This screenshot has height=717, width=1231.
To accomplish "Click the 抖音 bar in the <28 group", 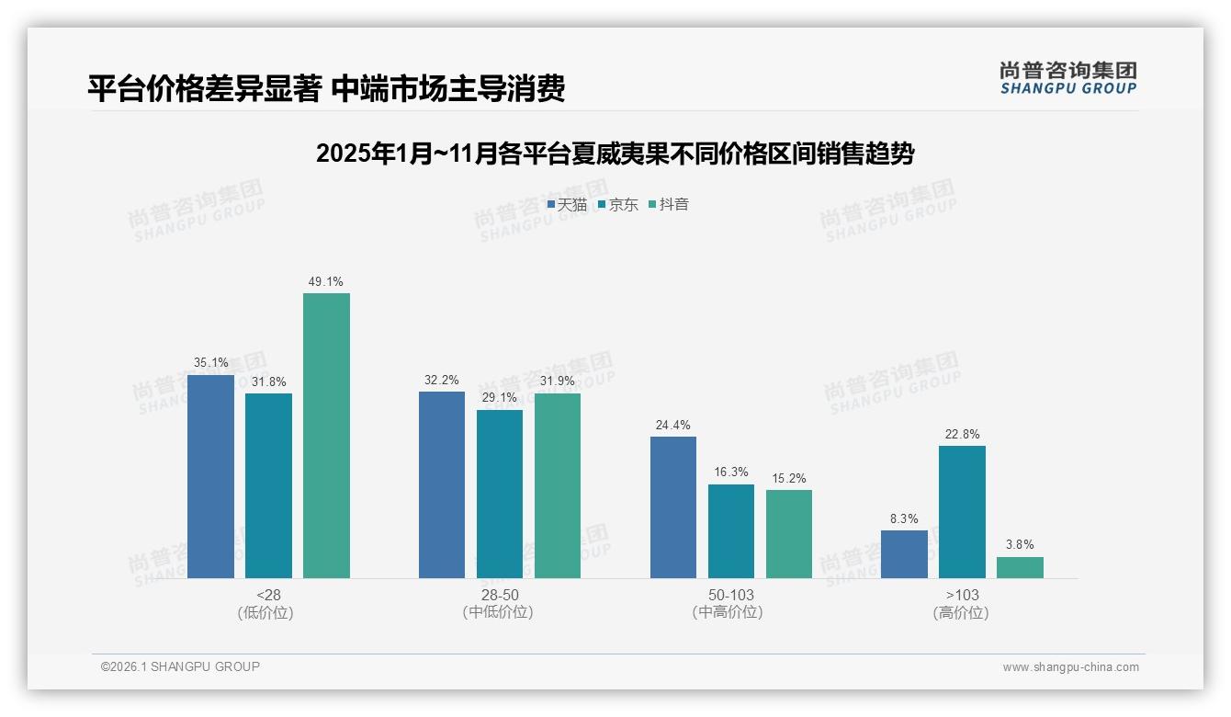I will (326, 436).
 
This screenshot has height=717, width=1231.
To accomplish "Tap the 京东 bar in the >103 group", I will (962, 512).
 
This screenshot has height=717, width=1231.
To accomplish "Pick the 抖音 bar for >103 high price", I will (1020, 567).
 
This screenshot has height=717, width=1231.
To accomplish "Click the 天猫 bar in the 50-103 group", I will (673, 507).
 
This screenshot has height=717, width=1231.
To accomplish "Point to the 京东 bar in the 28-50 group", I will (500, 494).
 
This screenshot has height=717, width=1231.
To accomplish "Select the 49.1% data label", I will (326, 282).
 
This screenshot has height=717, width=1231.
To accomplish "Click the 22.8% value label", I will (962, 435).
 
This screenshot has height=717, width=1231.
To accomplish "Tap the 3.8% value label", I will (1020, 545).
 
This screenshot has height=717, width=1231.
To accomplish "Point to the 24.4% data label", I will (673, 426).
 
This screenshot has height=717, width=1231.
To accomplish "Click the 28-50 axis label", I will (500, 595).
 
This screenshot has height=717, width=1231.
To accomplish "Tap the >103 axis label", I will (962, 595).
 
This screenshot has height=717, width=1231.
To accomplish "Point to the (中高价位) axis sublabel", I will (730, 612).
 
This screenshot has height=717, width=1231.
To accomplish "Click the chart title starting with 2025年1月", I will (615, 154).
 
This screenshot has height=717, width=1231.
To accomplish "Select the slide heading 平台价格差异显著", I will (326, 88).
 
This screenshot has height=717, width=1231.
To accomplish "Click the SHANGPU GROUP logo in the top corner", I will (1067, 78).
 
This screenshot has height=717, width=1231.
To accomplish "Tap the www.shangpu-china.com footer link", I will (1070, 667).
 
